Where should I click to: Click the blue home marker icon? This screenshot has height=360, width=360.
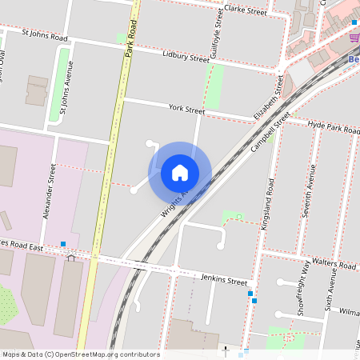180,173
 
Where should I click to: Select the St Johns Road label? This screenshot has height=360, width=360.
46,36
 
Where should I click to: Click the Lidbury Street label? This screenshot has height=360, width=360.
185,59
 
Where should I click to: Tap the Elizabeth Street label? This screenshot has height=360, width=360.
269,98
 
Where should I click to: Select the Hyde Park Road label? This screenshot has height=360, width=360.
330,126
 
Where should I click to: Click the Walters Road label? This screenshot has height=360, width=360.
336,264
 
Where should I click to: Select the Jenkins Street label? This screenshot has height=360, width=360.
224,281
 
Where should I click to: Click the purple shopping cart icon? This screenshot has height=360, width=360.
354,38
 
